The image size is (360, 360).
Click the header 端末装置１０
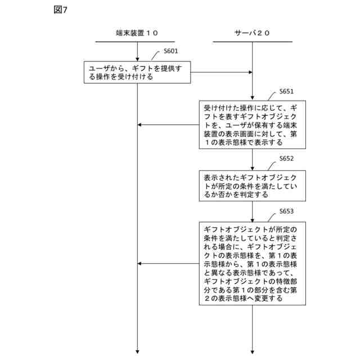[137, 33]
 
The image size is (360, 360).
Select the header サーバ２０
[252, 33]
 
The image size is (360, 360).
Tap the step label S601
[170, 51]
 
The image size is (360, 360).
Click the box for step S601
[138, 72]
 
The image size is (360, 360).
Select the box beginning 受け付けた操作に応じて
[252, 124]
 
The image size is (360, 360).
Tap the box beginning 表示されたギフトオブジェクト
[252, 186]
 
